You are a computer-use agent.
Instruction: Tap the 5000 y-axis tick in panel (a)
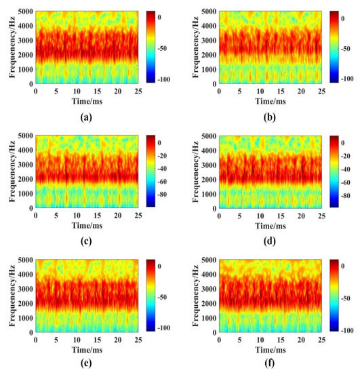pos(24,12)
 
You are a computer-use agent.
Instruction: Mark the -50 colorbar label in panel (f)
pos(350,298)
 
